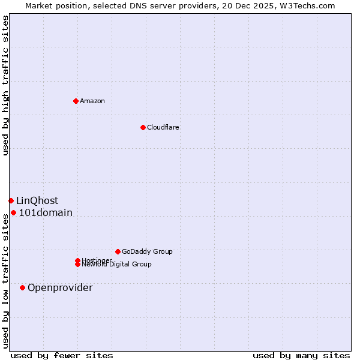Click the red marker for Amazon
[x=76, y=101]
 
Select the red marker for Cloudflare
[x=143, y=127]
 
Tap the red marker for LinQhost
[x=11, y=200]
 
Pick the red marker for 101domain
[x=13, y=212]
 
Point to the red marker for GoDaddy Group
[x=118, y=251]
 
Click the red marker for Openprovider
[x=22, y=287]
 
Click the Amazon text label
[x=92, y=101]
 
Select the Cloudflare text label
[x=163, y=127]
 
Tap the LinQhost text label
[x=37, y=201]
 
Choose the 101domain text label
[x=46, y=213]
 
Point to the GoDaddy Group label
[x=147, y=251]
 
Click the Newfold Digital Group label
[x=117, y=265]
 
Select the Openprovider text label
[x=60, y=288]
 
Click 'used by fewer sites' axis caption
[x=62, y=355]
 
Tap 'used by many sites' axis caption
[x=301, y=355]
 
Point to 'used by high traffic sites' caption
[x=5, y=85]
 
